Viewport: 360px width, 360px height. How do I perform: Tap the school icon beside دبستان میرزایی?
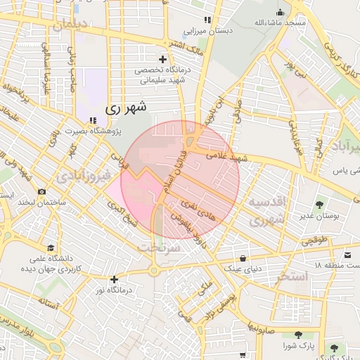(x=207, y=20)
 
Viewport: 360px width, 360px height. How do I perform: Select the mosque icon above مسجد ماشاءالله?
(x=281, y=12)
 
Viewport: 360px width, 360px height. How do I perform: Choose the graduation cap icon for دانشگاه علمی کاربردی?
(x=51, y=247)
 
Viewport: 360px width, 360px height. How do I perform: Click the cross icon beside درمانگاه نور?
(x=114, y=279)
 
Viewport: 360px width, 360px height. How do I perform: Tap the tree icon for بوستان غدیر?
(x=320, y=205)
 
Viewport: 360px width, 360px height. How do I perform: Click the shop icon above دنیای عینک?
(x=243, y=257)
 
